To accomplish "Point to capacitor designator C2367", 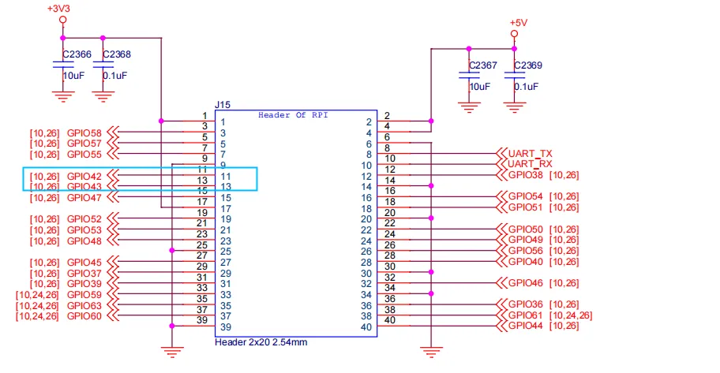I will (482, 65).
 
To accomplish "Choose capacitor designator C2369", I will (528, 65).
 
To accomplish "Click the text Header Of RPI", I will (293, 115).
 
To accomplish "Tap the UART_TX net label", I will (530, 153).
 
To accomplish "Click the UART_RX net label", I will (530, 164).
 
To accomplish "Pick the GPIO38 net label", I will (526, 174).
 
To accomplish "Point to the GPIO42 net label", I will (84, 176).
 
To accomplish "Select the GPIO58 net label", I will (84, 132).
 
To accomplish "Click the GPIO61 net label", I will (526, 315).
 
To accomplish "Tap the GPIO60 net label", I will (84, 315).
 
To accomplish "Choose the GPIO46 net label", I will (526, 282).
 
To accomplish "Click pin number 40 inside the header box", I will (366, 326).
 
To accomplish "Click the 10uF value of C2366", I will (73, 76).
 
